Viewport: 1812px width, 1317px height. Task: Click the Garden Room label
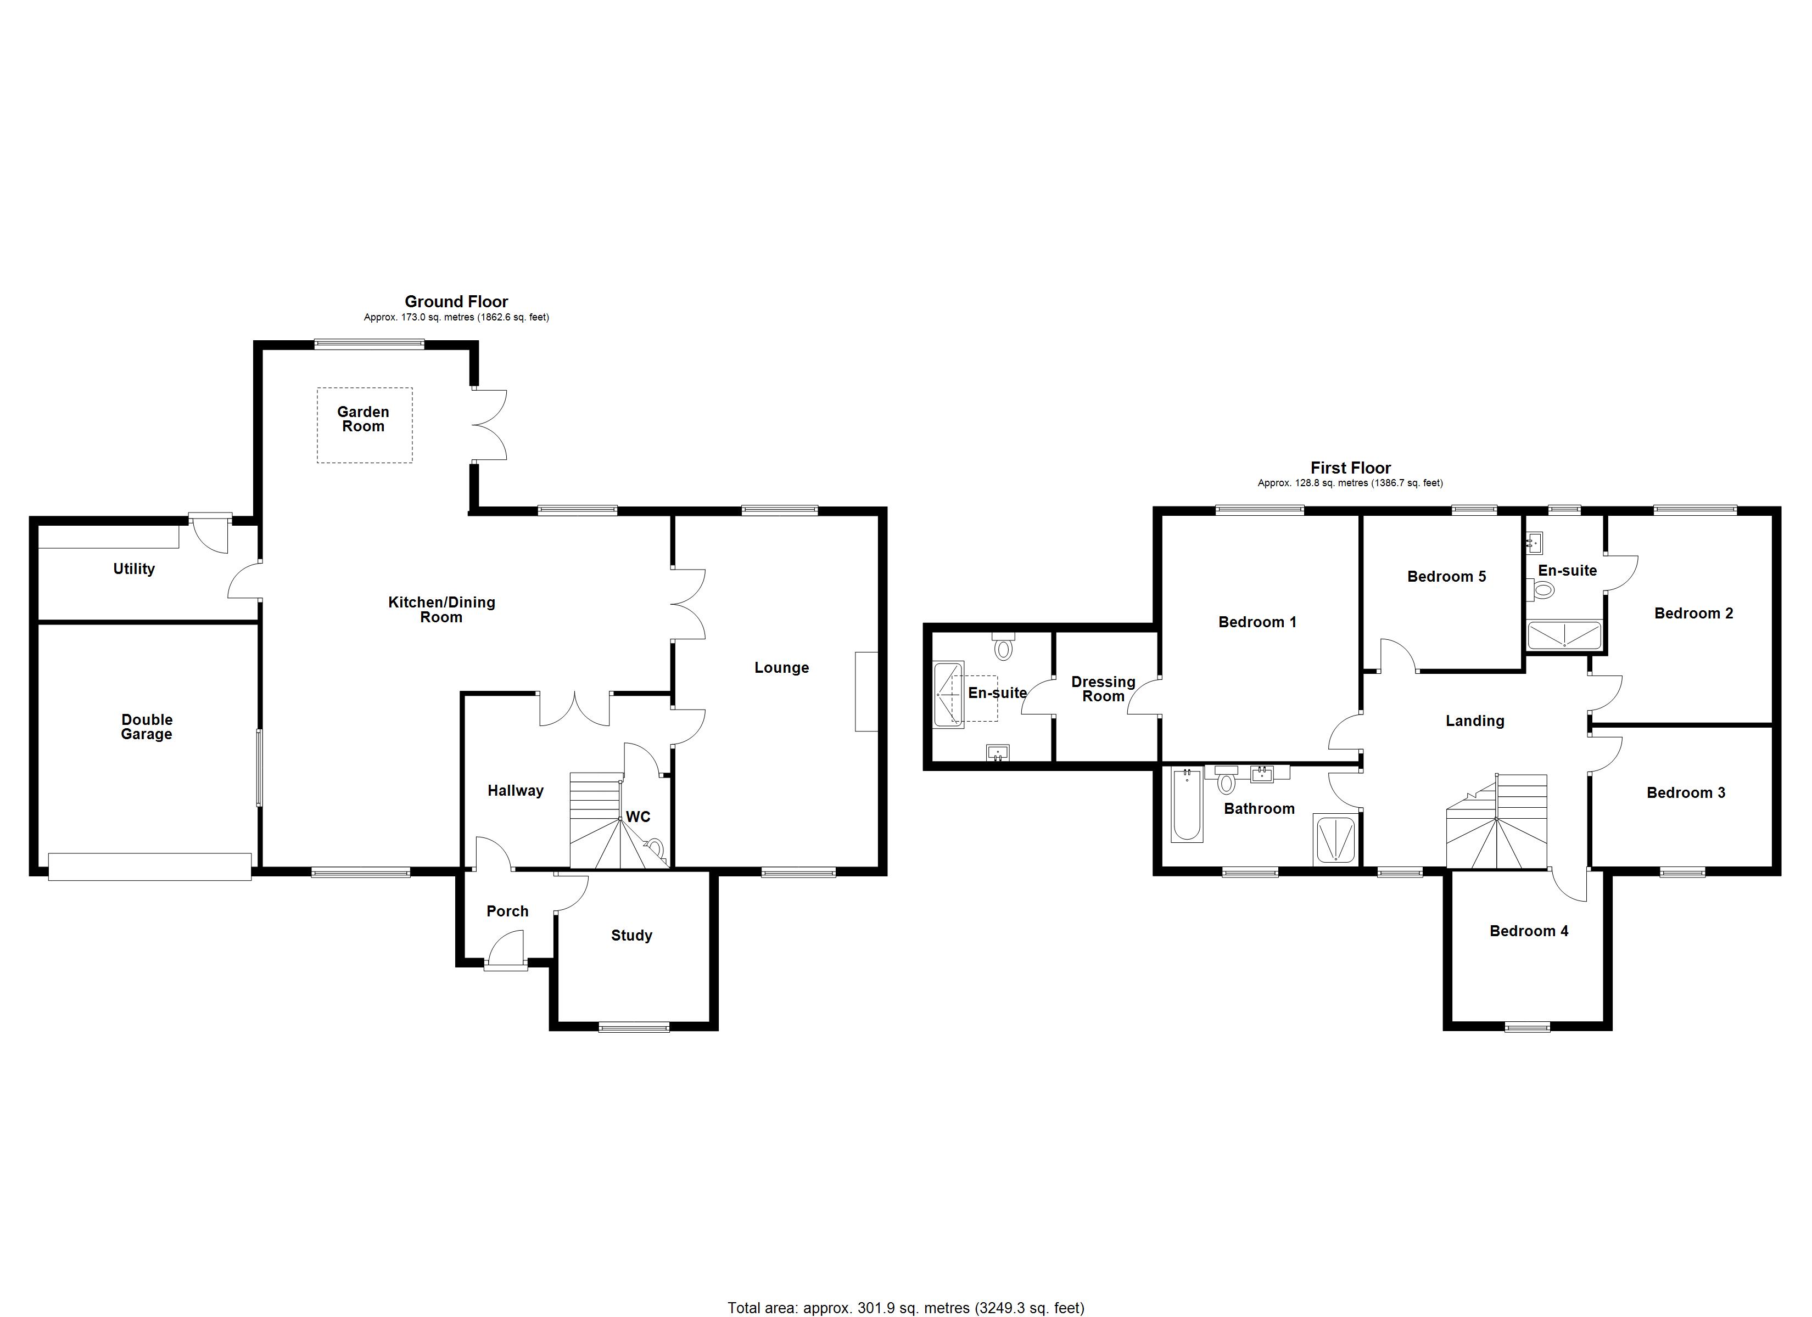pos(363,419)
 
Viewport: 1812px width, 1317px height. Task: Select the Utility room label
pos(133,569)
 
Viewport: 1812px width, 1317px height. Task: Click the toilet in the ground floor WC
pos(655,847)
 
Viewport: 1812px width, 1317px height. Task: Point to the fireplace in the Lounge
pos(865,691)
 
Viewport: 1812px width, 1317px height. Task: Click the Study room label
pos(631,935)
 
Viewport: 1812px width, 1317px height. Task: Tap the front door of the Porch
pos(506,965)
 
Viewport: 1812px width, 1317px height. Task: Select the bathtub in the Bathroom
pos(1187,805)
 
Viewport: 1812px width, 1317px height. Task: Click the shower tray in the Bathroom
pos(1335,840)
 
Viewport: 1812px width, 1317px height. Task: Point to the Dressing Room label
pos(1103,689)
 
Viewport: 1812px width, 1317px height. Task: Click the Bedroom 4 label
pos(1528,931)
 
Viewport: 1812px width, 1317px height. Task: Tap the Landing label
pos(1474,721)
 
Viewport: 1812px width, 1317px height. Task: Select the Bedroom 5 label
pos(1446,577)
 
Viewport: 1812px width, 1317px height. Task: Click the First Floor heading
pos(1350,468)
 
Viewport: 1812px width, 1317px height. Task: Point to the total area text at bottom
pos(905,1308)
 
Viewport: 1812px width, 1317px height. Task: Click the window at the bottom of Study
pos(634,1027)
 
